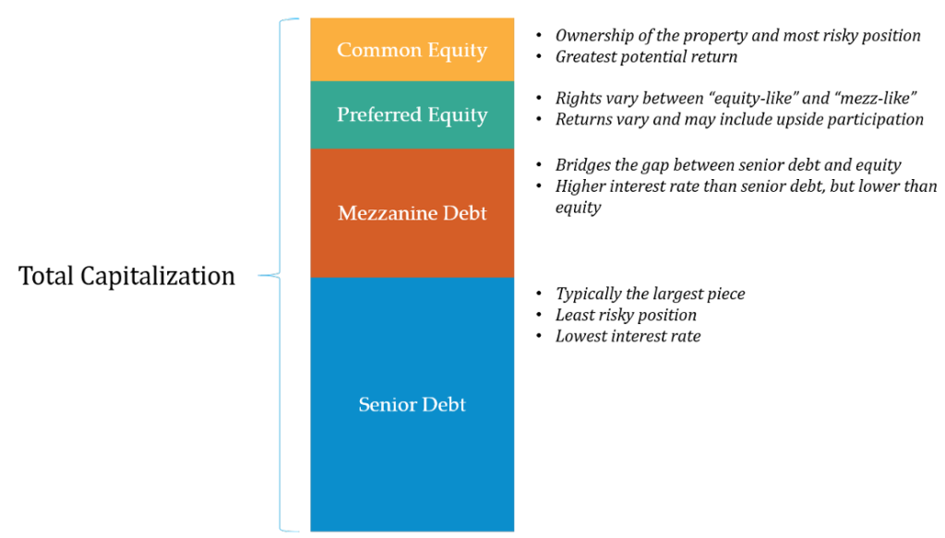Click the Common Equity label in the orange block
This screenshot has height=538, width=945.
click(x=412, y=50)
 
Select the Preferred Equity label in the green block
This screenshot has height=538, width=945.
click(x=412, y=114)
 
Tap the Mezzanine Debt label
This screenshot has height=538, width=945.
click(x=412, y=212)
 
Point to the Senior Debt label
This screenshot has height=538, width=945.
click(x=412, y=403)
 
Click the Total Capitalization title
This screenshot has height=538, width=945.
click(x=126, y=276)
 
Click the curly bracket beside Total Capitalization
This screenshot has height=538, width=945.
click(x=281, y=275)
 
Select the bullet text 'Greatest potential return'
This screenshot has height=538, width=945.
click(x=646, y=56)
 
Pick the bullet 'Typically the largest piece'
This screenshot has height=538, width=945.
click(x=650, y=294)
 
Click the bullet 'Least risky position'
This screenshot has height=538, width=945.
click(x=626, y=315)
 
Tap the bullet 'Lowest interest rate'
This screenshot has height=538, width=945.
click(x=628, y=336)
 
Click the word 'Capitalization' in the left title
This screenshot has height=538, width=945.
click(x=158, y=276)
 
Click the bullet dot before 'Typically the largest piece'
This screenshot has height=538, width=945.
click(x=539, y=294)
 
